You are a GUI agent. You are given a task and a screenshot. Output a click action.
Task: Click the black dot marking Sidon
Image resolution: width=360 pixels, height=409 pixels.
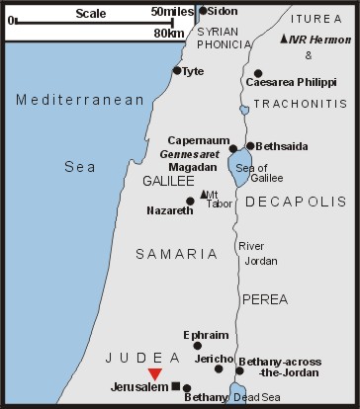tap(204, 11)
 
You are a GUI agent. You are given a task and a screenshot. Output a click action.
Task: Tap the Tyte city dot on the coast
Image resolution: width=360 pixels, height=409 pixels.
tap(177, 70)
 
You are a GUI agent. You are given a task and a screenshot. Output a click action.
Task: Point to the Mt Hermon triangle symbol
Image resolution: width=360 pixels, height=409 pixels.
tap(285, 39)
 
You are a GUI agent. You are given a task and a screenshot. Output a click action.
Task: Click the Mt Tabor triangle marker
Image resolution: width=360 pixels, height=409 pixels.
tap(203, 195)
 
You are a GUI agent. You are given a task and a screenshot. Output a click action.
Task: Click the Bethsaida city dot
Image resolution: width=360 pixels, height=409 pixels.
tap(250, 146)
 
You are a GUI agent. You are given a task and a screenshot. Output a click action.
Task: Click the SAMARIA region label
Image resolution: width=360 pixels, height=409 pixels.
tap(176, 254)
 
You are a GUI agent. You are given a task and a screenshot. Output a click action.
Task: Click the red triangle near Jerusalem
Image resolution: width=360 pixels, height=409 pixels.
tap(154, 373)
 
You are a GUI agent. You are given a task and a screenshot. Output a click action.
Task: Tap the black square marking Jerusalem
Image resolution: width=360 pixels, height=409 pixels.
tap(175, 386)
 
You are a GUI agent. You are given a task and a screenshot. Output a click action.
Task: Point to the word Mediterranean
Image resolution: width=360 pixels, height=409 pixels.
tap(66, 99)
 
